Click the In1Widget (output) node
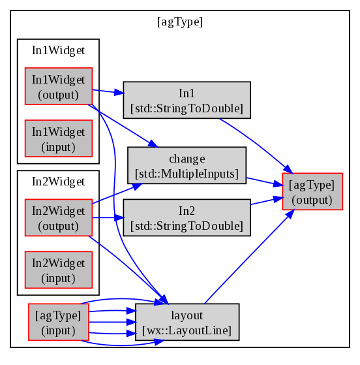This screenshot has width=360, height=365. tap(59, 86)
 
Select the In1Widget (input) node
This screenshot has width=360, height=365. tap(59, 138)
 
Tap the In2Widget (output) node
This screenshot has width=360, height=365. tap(59, 217)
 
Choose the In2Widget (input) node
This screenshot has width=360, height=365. tap(59, 270)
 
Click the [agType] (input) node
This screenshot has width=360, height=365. tap(59, 322)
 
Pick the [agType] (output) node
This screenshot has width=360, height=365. tap(312, 191)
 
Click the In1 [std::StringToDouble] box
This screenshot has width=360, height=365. tap(187, 100)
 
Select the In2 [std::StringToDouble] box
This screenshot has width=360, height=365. tap(187, 217)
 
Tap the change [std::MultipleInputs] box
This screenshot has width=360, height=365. tap(187, 165)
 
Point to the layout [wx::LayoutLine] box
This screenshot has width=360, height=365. tap(187, 322)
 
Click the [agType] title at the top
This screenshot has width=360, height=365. tap(180, 22)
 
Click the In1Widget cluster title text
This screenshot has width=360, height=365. tap(59, 50)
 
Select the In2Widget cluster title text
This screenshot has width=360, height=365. tap(59, 182)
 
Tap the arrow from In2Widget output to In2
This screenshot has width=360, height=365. tap(108, 217)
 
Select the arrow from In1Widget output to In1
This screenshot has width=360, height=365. tap(108, 91)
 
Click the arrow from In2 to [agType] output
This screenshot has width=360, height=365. tap(267, 200)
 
